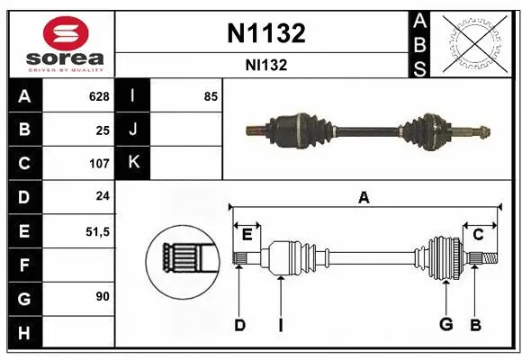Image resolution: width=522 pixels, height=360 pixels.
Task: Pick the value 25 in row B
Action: click(103, 130)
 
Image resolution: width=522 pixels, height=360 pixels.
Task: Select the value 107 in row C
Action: click(99, 164)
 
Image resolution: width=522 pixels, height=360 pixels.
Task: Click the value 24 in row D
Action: click(103, 197)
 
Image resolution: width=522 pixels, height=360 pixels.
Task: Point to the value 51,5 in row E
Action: click(97, 231)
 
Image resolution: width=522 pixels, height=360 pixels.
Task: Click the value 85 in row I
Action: click(211, 96)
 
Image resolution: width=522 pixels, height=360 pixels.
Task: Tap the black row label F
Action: click(23, 265)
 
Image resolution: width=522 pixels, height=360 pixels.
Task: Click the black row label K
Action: click(134, 164)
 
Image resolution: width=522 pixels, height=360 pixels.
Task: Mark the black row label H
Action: click(23, 332)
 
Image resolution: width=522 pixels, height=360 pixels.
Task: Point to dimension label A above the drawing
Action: click(364, 197)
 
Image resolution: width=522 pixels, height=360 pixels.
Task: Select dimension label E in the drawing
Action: click(246, 234)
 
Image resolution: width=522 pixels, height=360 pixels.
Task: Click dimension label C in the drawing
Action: click(479, 234)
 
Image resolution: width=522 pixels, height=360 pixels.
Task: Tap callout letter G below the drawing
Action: click(445, 324)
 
